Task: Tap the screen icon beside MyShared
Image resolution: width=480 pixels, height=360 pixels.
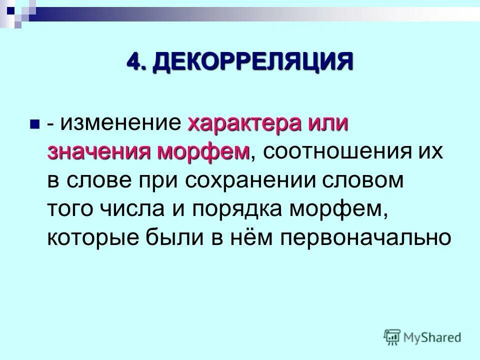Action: click(x=391, y=336)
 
